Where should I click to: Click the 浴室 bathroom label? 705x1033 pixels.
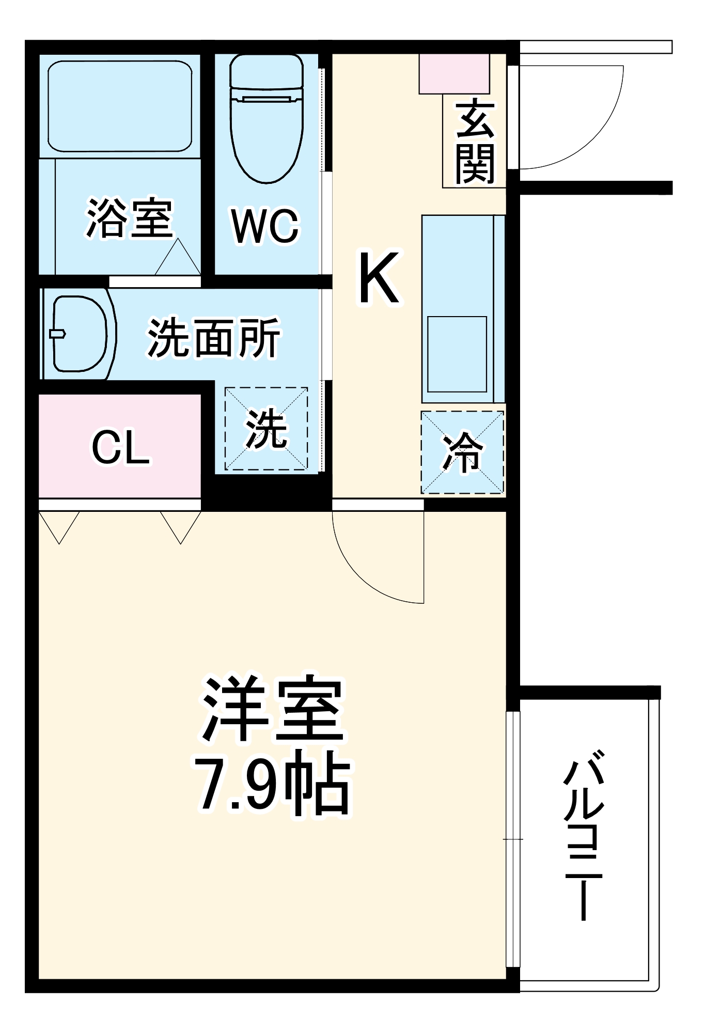tap(129, 218)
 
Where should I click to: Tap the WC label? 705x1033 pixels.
tap(265, 226)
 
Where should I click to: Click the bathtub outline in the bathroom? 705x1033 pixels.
tap(120, 106)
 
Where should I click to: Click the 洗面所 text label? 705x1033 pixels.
tap(214, 338)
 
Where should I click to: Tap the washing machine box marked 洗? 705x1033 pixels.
tap(266, 429)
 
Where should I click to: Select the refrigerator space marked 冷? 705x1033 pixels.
tap(462, 452)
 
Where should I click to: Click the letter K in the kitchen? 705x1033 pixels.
tap(379, 278)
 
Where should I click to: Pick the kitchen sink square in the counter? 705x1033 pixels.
tap(457, 354)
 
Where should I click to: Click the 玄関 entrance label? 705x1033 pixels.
tap(475, 142)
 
